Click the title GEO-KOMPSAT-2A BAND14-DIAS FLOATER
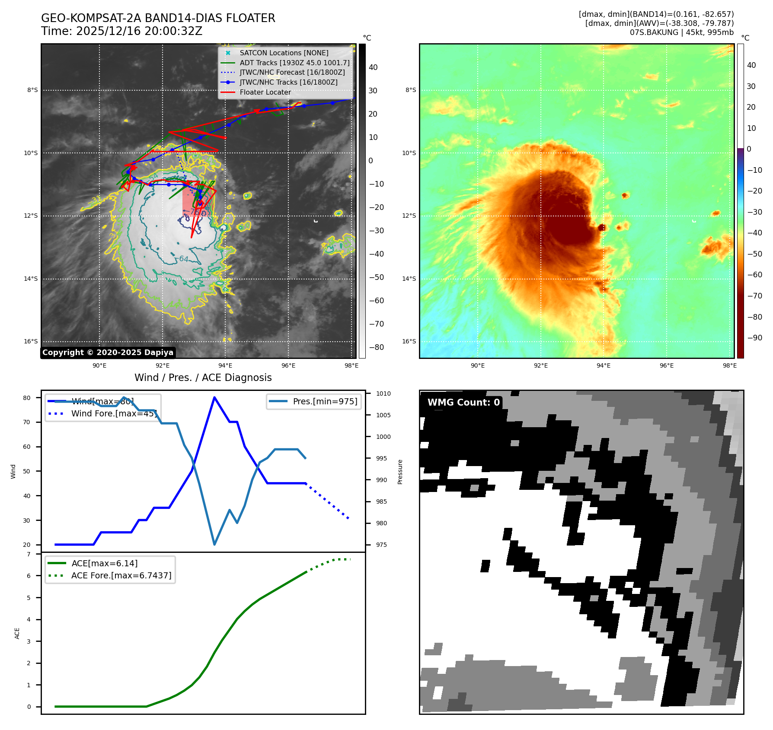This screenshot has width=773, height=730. point(158,18)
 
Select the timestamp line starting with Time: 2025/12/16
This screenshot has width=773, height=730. point(121,31)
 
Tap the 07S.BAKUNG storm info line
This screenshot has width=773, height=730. point(681,32)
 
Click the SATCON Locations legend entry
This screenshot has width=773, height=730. point(284,53)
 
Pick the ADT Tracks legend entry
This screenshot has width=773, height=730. point(294,63)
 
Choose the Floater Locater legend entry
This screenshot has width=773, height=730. point(265,92)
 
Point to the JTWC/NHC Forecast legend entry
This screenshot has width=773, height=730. point(292,72)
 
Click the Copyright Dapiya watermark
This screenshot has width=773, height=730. point(108,352)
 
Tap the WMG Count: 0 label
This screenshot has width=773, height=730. point(463,403)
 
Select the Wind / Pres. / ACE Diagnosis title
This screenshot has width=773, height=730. point(203,378)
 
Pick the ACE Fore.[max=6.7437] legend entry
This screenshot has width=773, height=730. point(121,575)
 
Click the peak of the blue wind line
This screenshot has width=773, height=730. point(214,397)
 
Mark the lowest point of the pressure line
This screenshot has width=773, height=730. point(214,544)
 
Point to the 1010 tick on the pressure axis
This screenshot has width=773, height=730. point(383,394)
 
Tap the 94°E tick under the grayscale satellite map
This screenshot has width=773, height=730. point(225,365)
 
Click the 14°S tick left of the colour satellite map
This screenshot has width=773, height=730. point(409,279)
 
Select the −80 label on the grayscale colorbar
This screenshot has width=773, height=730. point(376,347)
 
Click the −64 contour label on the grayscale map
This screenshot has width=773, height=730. point(183,259)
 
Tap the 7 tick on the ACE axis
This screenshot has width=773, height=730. point(29,554)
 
